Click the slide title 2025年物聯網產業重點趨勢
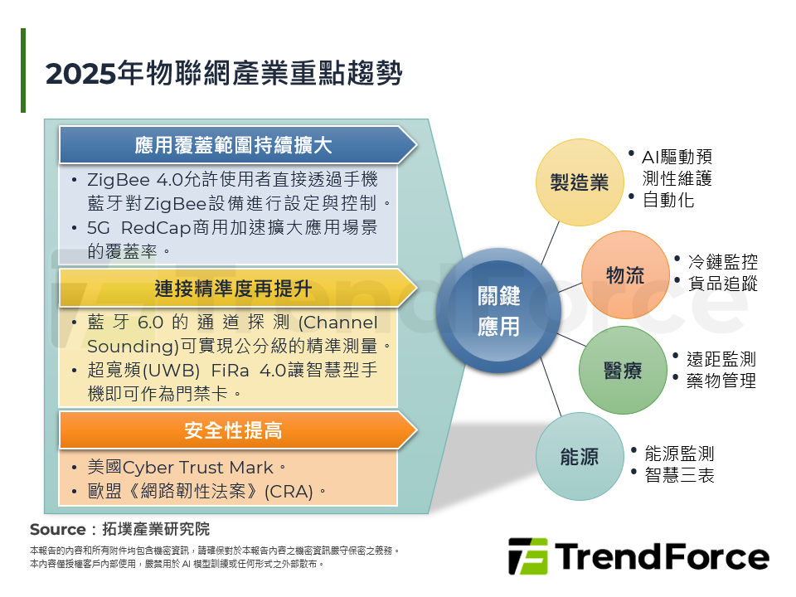pos(224,74)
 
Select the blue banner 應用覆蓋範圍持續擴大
pos(233,146)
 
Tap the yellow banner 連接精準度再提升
pos(233,288)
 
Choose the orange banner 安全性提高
pos(233,430)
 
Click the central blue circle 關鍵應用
pos(498,311)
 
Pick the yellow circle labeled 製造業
pos(579,182)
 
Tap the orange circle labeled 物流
pos(624,275)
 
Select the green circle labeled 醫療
pos(623,370)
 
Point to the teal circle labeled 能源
pos(579,457)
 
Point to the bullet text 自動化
pos(668,200)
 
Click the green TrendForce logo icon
pos(527,556)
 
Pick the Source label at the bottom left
pos(57,530)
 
